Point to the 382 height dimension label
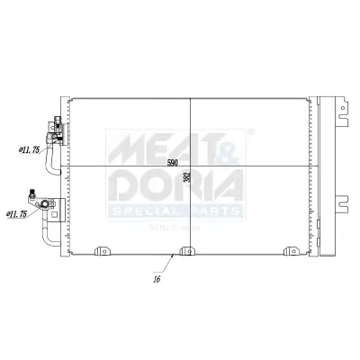tap(186, 177)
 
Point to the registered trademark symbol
tap(251, 132)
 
